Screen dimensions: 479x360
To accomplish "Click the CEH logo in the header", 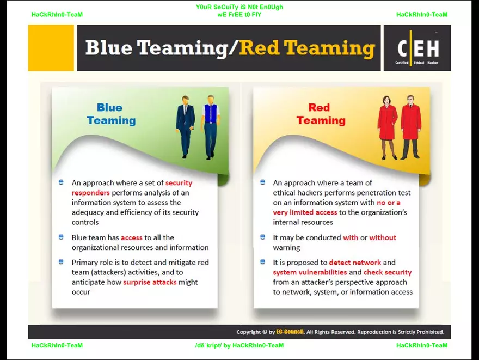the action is (x=417, y=48).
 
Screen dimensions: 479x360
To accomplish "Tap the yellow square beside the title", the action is (x=51, y=48).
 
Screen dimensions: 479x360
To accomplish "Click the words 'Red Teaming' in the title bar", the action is (x=307, y=48).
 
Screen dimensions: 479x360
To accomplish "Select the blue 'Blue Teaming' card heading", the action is (x=110, y=114).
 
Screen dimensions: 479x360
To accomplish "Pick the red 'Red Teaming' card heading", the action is (x=321, y=114).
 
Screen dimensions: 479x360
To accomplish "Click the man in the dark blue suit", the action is (x=186, y=126).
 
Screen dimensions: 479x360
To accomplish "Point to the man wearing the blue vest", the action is (x=211, y=127).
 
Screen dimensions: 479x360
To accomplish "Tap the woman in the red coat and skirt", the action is (x=388, y=127).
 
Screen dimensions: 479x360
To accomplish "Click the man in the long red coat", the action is (x=411, y=127).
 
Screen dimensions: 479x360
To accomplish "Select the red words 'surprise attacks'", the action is (x=150, y=282).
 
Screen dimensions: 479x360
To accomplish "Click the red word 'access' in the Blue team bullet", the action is (x=132, y=238).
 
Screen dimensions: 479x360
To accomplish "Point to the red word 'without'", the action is (x=383, y=237).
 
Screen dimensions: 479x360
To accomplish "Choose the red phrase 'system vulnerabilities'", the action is (x=310, y=272).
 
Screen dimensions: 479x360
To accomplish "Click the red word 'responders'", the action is (x=90, y=193).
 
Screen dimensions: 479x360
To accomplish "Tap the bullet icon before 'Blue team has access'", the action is (x=61, y=237).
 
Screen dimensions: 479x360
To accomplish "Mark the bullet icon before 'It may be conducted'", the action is (x=262, y=237).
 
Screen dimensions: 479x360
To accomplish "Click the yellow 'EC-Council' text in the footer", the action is (x=290, y=332).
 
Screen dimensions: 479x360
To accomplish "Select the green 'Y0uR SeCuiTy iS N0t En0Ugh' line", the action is (x=239, y=7).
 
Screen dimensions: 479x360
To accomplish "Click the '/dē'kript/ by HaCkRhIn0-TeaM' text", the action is (x=239, y=345).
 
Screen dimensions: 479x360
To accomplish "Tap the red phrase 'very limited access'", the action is (x=305, y=212).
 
